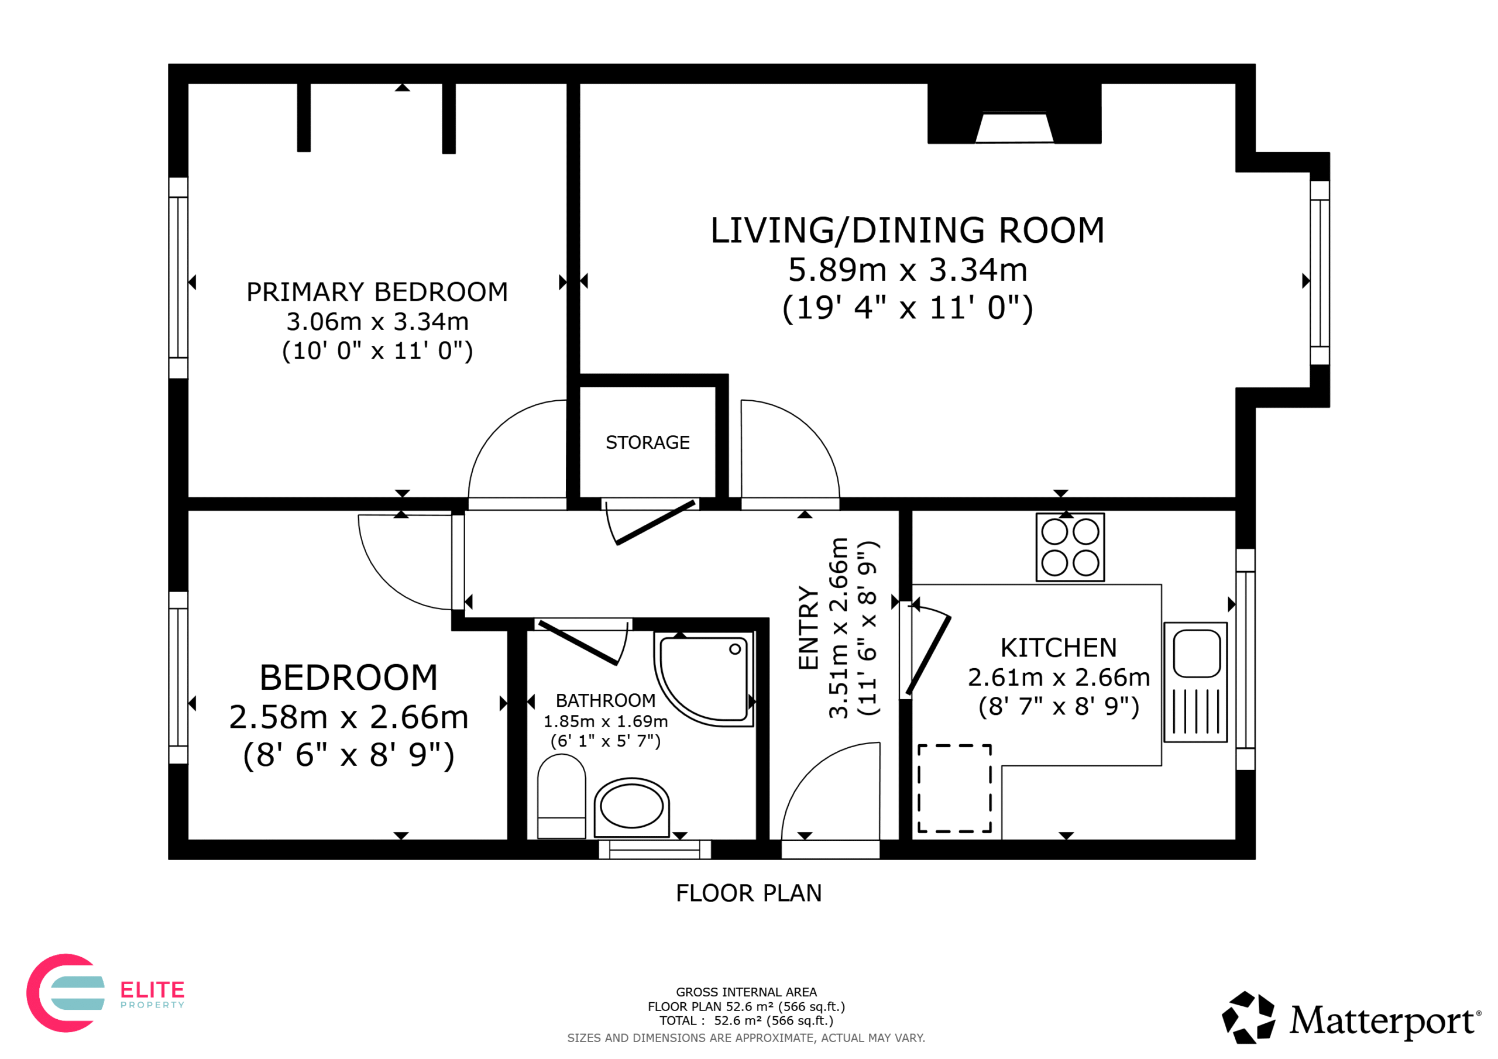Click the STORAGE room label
click(647, 442)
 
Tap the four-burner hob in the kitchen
click(1070, 547)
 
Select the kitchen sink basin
click(1197, 653)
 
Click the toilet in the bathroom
click(561, 796)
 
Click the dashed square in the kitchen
click(954, 788)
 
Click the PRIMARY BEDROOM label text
click(377, 292)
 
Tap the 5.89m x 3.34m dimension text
click(908, 270)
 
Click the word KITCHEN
click(1059, 648)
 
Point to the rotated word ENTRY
click(808, 628)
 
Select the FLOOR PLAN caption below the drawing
click(748, 893)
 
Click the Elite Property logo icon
click(65, 993)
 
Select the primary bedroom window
click(178, 278)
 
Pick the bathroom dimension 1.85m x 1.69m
click(606, 721)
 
